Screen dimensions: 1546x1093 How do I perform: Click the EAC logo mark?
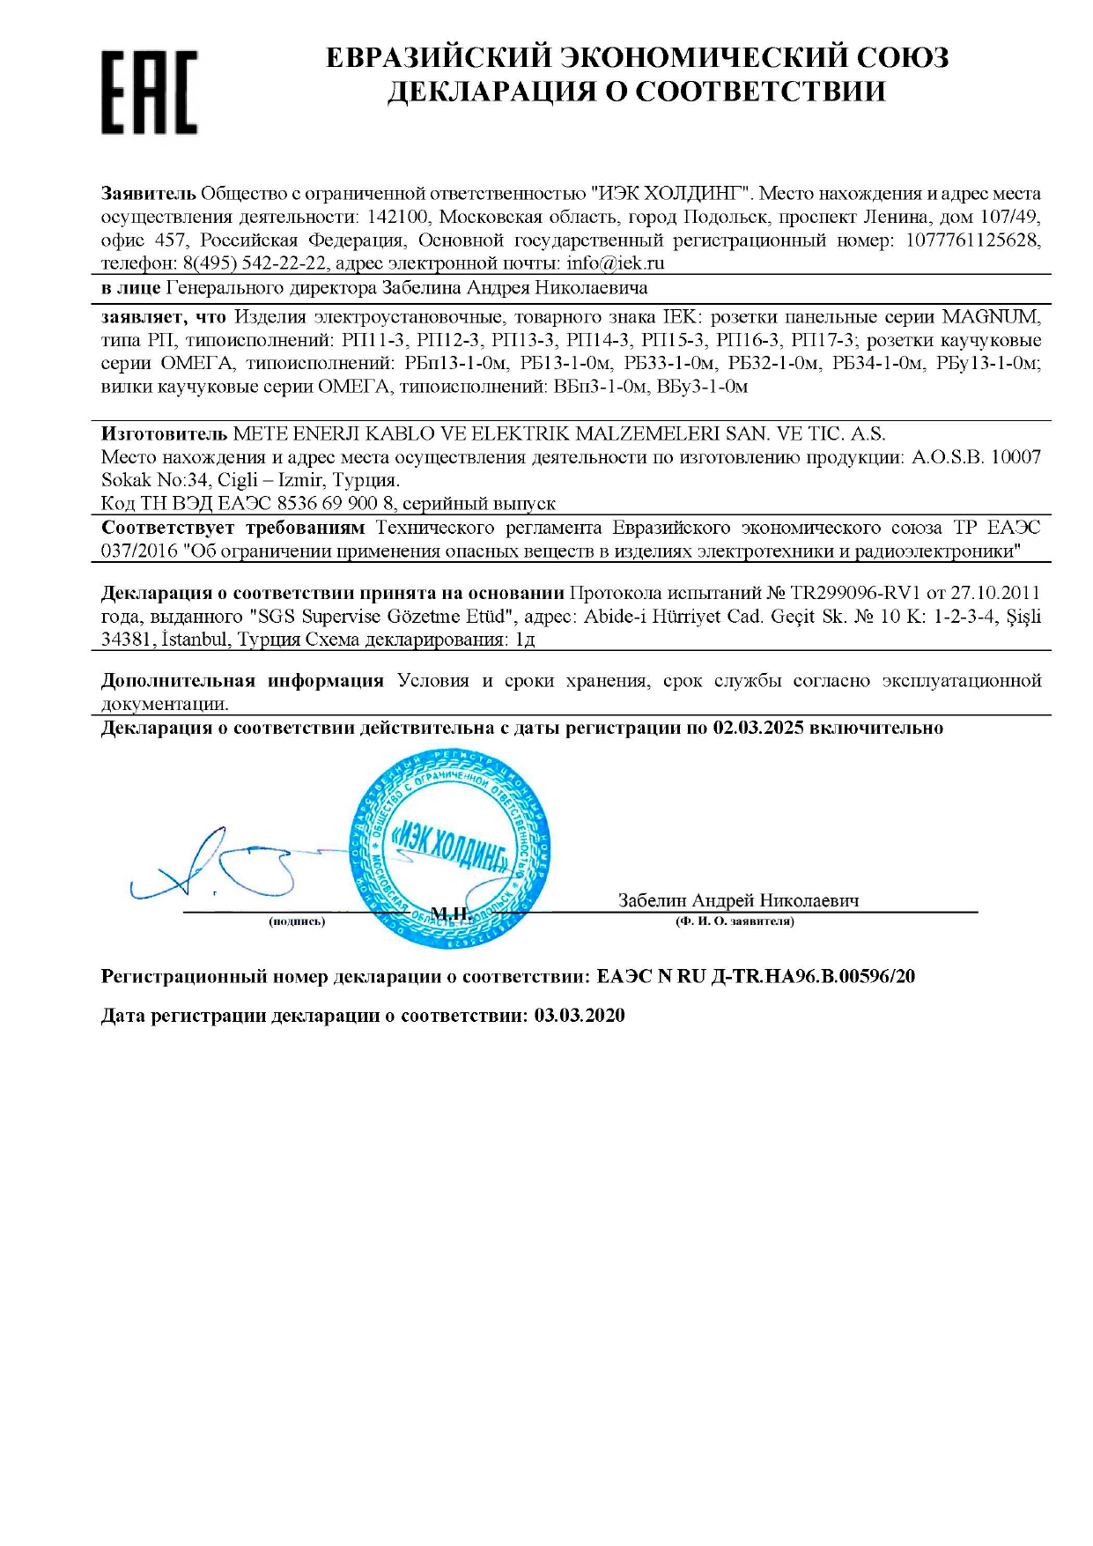point(149,92)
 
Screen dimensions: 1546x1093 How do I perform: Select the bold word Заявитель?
point(148,193)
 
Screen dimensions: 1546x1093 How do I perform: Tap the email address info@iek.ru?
point(616,263)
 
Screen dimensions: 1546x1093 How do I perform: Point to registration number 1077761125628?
point(973,240)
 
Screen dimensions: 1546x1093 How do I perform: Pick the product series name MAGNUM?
point(991,316)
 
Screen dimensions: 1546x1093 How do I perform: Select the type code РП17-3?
point(823,340)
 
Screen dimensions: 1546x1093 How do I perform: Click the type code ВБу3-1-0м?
point(703,387)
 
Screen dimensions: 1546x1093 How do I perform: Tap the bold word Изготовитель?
point(165,433)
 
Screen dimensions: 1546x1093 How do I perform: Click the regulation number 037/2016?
point(138,551)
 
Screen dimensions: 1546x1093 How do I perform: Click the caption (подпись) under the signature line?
point(297,921)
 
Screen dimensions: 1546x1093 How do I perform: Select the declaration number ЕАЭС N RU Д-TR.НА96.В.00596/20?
point(756,976)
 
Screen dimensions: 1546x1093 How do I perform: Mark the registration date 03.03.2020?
point(580,1016)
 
